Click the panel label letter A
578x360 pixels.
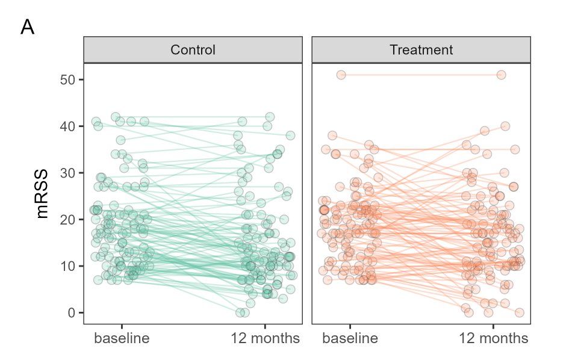(28, 28)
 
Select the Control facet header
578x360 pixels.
(193, 49)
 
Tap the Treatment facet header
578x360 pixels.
(421, 49)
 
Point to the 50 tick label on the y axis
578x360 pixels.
(67, 79)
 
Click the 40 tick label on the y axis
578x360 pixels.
(67, 126)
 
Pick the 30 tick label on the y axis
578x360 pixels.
(67, 173)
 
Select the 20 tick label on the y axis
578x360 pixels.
(67, 219)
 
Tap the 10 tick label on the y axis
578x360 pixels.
(67, 266)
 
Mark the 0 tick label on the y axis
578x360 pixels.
(71, 312)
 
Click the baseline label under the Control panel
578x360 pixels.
(122, 338)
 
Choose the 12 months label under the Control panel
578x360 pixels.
(265, 338)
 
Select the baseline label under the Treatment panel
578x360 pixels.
(350, 338)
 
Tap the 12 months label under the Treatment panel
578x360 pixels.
(494, 338)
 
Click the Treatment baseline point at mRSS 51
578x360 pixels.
(341, 75)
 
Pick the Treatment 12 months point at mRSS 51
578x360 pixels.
(501, 75)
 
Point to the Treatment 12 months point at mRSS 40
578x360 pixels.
(505, 126)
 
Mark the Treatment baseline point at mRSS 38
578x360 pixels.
(332, 135)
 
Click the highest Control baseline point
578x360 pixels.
(116, 117)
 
